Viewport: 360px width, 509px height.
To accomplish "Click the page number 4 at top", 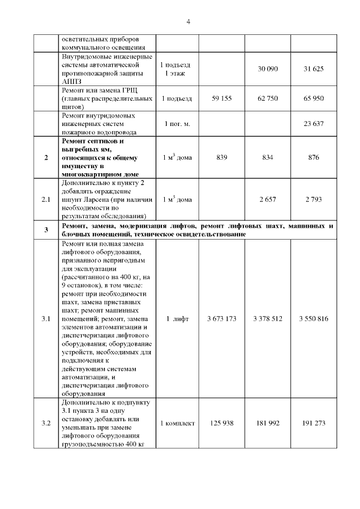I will pyautogui.click(x=188, y=22).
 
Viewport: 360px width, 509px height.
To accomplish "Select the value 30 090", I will pyautogui.click(x=267, y=69).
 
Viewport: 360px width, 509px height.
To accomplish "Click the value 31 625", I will pyautogui.click(x=313, y=69).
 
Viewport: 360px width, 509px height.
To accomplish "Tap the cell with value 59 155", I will pyautogui.click(x=222, y=98).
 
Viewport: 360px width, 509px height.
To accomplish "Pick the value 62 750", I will pyautogui.click(x=267, y=98).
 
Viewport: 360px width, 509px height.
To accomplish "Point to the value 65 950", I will pyautogui.click(x=313, y=98).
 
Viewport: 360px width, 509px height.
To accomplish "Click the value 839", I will pyautogui.click(x=222, y=157).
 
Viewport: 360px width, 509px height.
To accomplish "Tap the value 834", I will pyautogui.click(x=267, y=157).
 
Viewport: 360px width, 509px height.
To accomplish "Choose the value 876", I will pyautogui.click(x=313, y=157).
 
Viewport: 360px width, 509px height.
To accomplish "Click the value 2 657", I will pyautogui.click(x=267, y=200).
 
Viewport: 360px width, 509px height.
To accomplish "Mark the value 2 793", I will pyautogui.click(x=313, y=200).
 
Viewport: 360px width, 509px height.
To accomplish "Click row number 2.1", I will pyautogui.click(x=46, y=200).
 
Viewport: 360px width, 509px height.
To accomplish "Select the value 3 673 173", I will pyautogui.click(x=222, y=319).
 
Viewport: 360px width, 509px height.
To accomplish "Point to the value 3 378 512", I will pyautogui.click(x=267, y=319).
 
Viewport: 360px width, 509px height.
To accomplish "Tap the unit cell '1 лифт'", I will pyautogui.click(x=177, y=319).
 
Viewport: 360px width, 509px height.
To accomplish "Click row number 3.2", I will pyautogui.click(x=46, y=424).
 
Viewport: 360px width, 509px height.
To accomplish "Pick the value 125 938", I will pyautogui.click(x=222, y=424).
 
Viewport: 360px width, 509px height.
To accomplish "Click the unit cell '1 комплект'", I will pyautogui.click(x=177, y=424).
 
